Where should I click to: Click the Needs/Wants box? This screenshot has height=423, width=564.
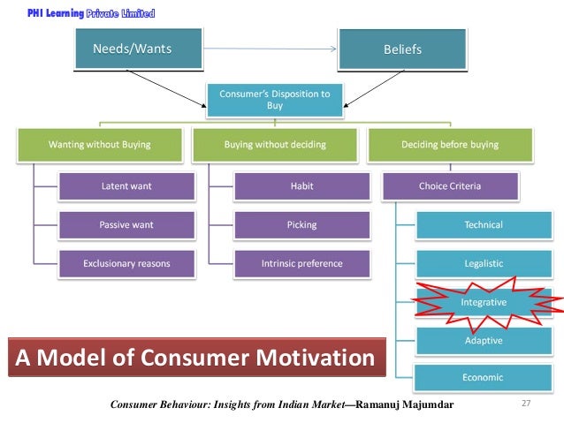pos(133,49)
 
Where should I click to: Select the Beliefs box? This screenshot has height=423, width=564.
pos(401,49)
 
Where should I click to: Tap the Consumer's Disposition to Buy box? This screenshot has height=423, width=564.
pos(275,99)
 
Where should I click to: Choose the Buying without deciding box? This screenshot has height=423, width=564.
pos(275,144)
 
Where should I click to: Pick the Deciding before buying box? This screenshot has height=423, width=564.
pos(450,144)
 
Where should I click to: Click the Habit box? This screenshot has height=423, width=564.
pos(301,186)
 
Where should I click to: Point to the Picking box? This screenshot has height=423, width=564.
pos(301,224)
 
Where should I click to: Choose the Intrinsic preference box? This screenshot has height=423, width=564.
pos(301,263)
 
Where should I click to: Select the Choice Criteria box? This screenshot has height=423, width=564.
pos(450,186)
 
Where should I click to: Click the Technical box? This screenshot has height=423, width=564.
pos(484,224)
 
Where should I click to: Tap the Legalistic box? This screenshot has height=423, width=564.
pos(484,263)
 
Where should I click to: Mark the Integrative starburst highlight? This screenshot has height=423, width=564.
pos(484,302)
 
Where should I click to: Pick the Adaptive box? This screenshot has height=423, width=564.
pos(484,340)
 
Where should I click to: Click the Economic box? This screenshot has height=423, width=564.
pos(484,378)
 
